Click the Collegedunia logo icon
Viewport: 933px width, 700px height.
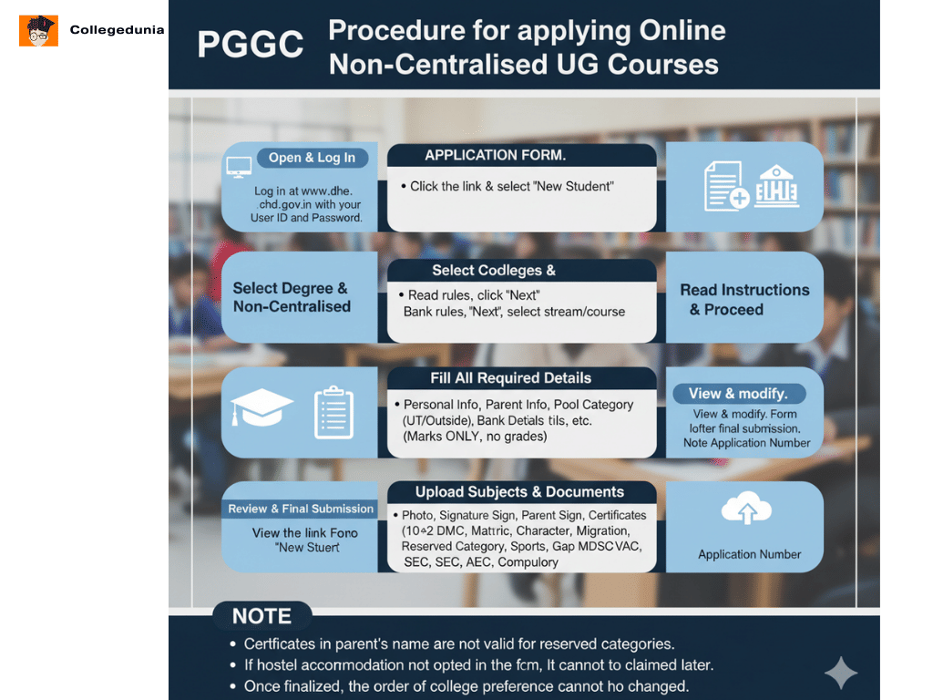click(38, 30)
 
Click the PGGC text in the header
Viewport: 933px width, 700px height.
click(251, 45)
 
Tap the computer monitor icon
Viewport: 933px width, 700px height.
click(239, 167)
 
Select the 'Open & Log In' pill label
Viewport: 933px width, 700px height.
click(312, 158)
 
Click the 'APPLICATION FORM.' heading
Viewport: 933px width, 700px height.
click(495, 155)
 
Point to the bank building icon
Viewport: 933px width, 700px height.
click(777, 186)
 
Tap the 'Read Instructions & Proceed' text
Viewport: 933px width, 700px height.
click(744, 299)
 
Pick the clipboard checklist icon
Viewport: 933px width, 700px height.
click(333, 413)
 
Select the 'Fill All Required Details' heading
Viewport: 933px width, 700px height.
click(510, 378)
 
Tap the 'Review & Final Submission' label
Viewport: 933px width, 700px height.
click(301, 509)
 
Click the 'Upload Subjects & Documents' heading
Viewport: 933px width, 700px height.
click(519, 492)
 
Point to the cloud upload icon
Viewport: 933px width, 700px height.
click(746, 510)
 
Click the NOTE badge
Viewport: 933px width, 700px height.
click(261, 616)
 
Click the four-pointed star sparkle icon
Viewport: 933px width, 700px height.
click(840, 673)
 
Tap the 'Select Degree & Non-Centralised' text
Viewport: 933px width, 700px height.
click(291, 297)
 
